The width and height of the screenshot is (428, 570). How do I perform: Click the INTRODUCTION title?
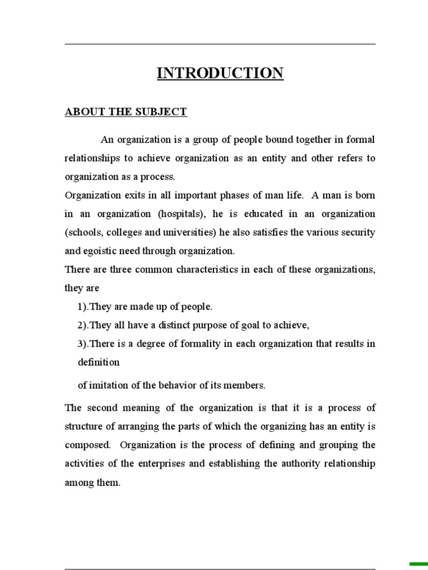click(220, 73)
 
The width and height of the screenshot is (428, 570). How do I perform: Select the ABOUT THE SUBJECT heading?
click(126, 112)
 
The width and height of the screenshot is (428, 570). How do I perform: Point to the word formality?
click(196, 343)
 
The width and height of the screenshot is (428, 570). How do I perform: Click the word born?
click(364, 195)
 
